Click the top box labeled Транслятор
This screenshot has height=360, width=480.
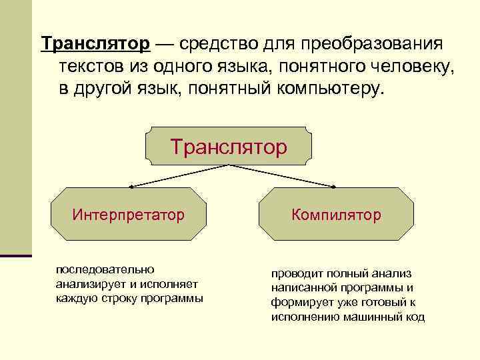(229, 146)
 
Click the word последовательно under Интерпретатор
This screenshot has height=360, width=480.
(105, 269)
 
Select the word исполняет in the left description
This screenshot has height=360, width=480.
(177, 283)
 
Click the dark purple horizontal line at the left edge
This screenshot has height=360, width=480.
(16, 255)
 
